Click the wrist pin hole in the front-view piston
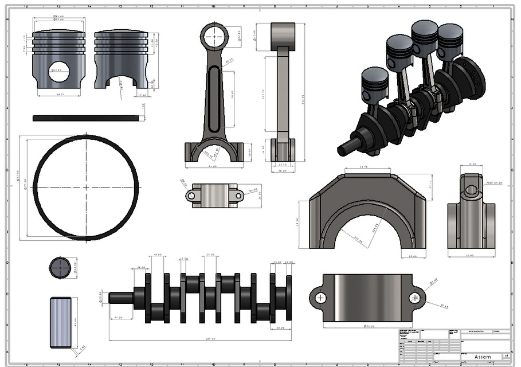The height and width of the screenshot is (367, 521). tap(58, 72)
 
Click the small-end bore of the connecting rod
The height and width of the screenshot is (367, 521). tap(214, 36)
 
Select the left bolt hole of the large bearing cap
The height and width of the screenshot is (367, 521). tap(320, 298)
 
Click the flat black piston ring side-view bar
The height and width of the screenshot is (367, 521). tap(85, 118)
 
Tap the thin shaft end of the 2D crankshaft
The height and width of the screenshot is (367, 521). tap(121, 298)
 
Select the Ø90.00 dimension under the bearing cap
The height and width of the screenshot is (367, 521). tap(369, 327)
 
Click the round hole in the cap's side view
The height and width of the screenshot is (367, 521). tap(471, 189)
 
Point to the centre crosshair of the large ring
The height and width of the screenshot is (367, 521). tap(86, 188)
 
